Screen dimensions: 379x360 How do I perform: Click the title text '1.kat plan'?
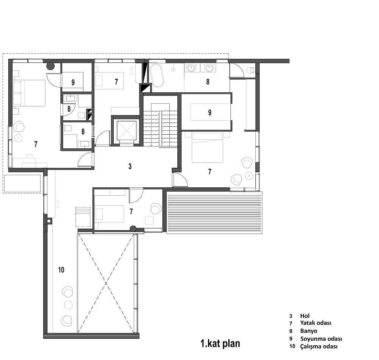(x=220, y=343)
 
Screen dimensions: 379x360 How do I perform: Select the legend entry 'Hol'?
(x=305, y=316)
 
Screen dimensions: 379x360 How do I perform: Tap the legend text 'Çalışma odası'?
(x=319, y=346)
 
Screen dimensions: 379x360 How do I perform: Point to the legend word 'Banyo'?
(x=309, y=331)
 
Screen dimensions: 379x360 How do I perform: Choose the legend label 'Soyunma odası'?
(x=321, y=339)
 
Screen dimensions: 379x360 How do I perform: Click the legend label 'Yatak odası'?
(x=316, y=323)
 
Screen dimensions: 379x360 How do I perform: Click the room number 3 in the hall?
(x=130, y=166)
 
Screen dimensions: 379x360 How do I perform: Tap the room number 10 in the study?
(x=61, y=270)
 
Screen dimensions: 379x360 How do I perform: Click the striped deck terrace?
(x=214, y=212)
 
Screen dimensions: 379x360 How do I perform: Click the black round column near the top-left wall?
(x=50, y=65)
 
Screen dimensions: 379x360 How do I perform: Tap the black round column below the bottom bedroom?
(x=133, y=228)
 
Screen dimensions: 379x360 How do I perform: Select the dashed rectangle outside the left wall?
(x=22, y=184)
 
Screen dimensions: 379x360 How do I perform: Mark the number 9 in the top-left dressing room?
(x=73, y=83)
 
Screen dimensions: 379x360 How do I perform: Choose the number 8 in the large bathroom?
(x=208, y=82)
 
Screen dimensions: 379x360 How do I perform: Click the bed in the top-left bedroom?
(x=30, y=93)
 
